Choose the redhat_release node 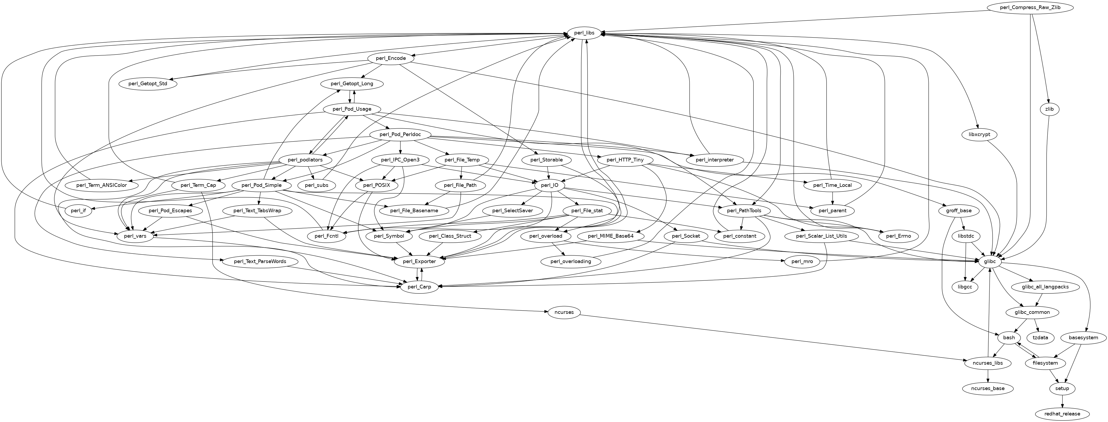point(1063,414)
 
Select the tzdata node point(1040,338)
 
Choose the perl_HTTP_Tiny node point(625,160)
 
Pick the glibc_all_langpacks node point(1044,287)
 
